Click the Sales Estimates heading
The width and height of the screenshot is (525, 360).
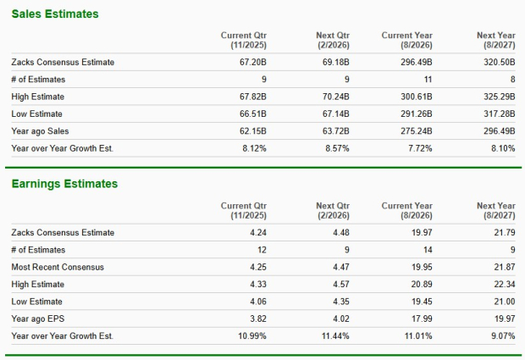coord(54,14)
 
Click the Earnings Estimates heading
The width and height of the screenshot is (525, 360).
coord(64,184)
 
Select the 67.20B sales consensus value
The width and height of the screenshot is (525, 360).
coord(252,62)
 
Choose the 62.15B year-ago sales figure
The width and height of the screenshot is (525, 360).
coord(252,130)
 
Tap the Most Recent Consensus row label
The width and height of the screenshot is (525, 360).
coord(58,267)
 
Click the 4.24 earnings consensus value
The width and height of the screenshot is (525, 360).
coord(258,232)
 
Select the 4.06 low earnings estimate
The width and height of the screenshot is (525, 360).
coord(258,302)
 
